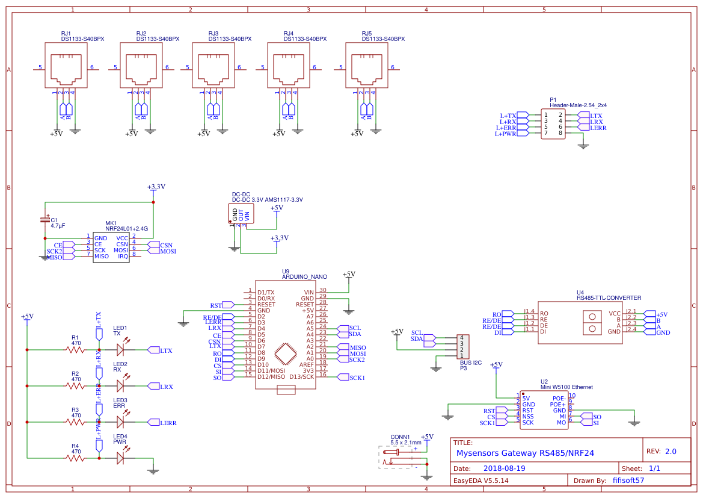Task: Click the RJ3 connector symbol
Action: [213, 65]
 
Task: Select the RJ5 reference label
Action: [367, 33]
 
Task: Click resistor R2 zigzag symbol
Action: [76, 386]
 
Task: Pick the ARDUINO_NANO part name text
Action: [304, 277]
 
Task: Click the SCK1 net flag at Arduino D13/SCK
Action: [356, 377]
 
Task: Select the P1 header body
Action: [553, 123]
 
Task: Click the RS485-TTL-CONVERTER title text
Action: [609, 297]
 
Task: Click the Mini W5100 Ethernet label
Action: [566, 387]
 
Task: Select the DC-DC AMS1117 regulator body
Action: [241, 214]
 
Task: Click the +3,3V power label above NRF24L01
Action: [156, 187]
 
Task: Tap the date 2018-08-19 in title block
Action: [504, 468]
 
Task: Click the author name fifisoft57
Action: [628, 481]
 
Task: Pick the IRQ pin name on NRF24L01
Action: [123, 256]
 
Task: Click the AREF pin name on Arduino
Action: [307, 364]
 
